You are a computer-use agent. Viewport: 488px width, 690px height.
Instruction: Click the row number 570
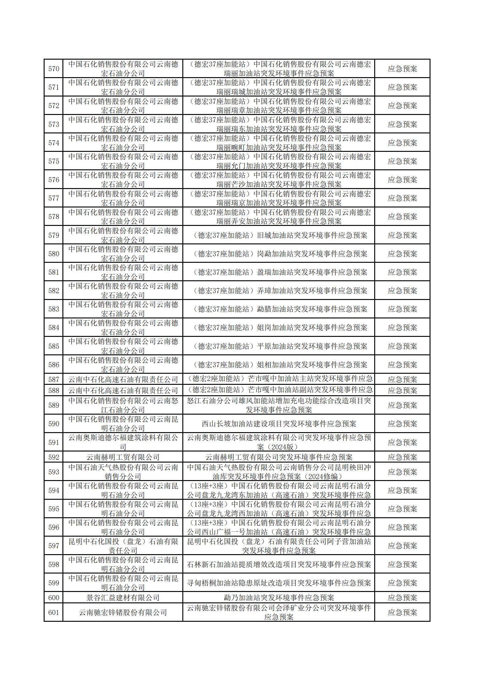[54, 69]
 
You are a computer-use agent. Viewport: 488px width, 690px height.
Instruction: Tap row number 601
[54, 612]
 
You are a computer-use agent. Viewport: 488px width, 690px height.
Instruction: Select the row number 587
[54, 379]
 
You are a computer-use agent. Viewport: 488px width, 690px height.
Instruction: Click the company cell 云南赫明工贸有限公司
[123, 457]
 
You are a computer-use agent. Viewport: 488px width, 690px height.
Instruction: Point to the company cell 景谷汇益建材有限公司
[123, 597]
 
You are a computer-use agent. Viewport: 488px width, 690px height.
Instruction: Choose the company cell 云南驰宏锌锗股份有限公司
[123, 612]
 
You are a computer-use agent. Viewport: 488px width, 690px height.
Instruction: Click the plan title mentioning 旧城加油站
[279, 235]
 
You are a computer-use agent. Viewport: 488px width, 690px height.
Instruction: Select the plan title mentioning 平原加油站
[279, 346]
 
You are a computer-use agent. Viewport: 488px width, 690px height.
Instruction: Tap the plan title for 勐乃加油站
[279, 597]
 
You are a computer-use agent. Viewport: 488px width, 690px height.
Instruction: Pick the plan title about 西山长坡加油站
[279, 424]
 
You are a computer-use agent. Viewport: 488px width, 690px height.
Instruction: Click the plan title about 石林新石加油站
[279, 564]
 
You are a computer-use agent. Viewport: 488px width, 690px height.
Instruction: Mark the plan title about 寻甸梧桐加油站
[279, 583]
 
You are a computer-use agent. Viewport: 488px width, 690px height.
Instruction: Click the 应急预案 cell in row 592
[402, 457]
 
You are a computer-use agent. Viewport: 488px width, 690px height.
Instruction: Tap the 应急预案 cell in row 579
[402, 235]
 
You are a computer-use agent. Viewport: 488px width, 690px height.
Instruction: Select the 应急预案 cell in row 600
[402, 597]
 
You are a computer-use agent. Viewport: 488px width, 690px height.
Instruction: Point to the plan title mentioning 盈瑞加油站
[279, 272]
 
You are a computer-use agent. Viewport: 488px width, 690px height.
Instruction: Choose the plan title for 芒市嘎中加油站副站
[279, 390]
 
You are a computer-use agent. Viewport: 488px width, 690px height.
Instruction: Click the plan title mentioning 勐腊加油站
[279, 309]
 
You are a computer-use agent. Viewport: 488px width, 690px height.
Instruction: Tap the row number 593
[54, 472]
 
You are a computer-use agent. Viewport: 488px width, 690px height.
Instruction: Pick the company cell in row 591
[123, 442]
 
